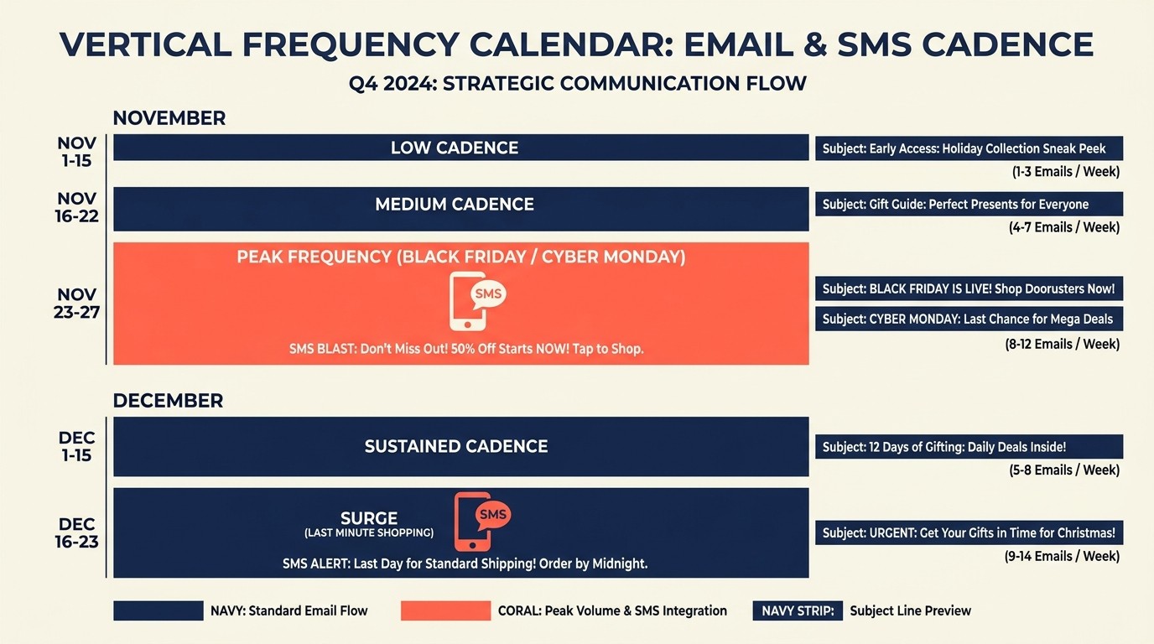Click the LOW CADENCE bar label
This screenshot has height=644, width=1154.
click(455, 148)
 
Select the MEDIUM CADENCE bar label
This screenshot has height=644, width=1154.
click(455, 205)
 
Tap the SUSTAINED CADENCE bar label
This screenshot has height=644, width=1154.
click(456, 447)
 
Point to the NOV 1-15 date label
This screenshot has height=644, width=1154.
click(77, 152)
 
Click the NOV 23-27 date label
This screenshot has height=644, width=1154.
click(78, 304)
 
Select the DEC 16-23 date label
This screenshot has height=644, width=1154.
click(77, 533)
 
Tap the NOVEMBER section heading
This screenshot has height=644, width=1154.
click(169, 118)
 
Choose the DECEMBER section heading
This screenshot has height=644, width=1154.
click(168, 401)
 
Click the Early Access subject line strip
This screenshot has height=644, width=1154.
click(969, 149)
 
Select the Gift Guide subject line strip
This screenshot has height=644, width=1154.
click(969, 205)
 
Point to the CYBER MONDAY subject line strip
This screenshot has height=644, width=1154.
click(969, 319)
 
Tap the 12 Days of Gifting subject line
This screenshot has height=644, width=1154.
click(969, 447)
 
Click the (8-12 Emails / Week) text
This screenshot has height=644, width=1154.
click(1063, 344)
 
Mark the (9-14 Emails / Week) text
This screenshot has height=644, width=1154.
click(1063, 556)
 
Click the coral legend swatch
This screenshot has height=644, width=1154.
click(445, 610)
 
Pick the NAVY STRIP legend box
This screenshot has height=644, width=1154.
click(798, 610)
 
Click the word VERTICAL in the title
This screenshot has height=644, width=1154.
click(146, 44)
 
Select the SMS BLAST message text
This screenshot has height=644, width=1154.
click(466, 348)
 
